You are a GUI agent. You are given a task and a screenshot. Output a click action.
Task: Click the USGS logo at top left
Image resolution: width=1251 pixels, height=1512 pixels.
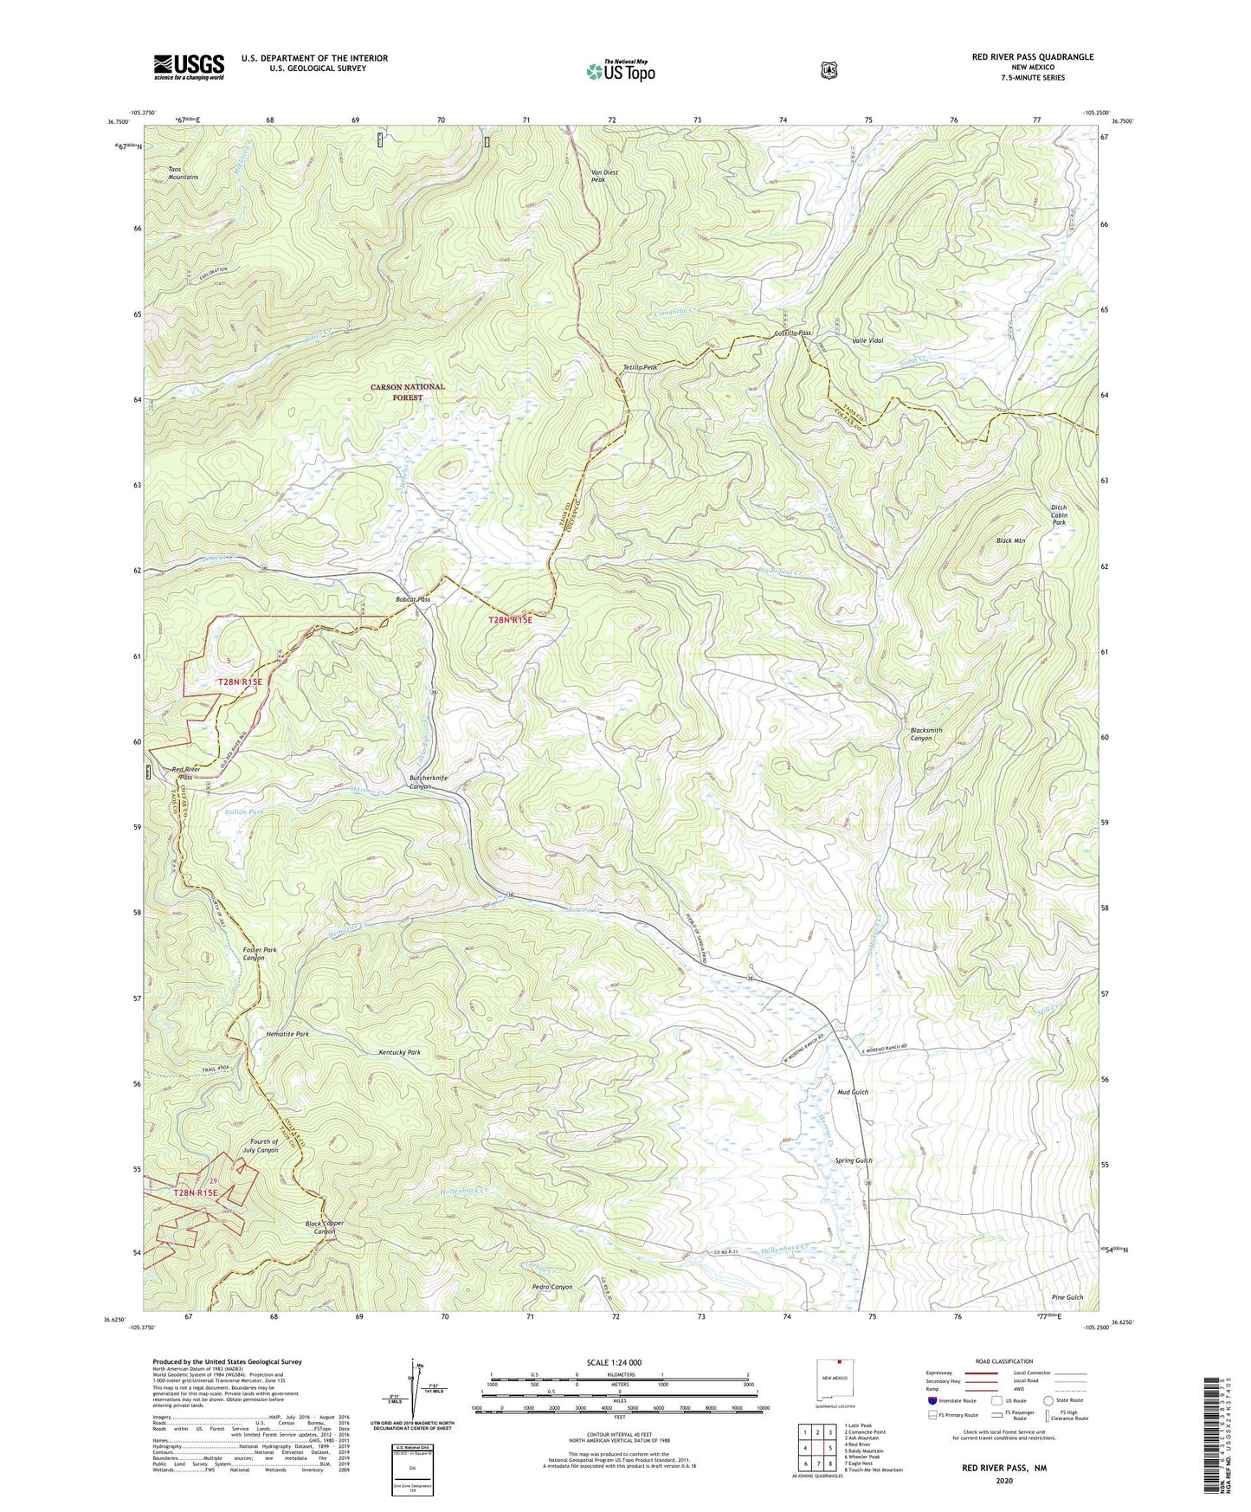(189, 67)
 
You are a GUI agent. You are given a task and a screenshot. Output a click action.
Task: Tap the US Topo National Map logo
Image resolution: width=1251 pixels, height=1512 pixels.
(621, 70)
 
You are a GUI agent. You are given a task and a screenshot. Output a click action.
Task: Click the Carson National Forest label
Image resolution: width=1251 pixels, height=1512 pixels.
(408, 392)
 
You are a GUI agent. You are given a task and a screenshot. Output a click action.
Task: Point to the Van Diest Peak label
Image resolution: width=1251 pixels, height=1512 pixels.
(604, 176)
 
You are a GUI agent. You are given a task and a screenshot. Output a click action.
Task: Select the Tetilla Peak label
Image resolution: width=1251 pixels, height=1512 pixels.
(641, 367)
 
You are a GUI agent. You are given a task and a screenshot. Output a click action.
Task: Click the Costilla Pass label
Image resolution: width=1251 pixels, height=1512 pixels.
(792, 333)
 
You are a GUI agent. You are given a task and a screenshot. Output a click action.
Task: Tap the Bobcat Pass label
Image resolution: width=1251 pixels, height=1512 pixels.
(413, 599)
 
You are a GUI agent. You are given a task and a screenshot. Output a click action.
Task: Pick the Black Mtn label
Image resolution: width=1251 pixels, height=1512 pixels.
(1010, 540)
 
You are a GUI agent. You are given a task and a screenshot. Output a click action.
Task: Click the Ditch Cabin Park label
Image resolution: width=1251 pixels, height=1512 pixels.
(1059, 515)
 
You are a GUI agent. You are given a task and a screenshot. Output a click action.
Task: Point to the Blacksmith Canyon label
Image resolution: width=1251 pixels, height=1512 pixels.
(926, 734)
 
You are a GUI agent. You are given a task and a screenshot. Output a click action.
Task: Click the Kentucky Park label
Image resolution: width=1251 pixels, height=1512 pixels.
(399, 1052)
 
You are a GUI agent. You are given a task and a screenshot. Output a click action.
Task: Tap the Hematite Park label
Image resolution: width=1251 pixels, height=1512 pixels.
(287, 1034)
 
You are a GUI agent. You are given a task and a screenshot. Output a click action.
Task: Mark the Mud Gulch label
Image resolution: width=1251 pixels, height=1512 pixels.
(852, 1092)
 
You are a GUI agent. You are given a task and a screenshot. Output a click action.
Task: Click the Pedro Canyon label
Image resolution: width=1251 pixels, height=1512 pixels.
(551, 1287)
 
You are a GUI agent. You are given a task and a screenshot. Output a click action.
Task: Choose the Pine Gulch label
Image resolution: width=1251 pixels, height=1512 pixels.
(1067, 1297)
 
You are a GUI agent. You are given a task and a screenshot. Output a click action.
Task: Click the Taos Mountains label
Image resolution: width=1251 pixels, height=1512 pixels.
(183, 172)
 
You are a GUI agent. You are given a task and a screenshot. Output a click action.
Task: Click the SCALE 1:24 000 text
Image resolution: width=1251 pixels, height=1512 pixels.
(614, 1362)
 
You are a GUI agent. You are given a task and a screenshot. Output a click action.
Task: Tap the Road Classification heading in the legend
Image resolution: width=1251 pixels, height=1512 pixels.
(1003, 1361)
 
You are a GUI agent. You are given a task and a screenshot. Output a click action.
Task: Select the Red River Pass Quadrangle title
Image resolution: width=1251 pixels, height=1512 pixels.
(1032, 57)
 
